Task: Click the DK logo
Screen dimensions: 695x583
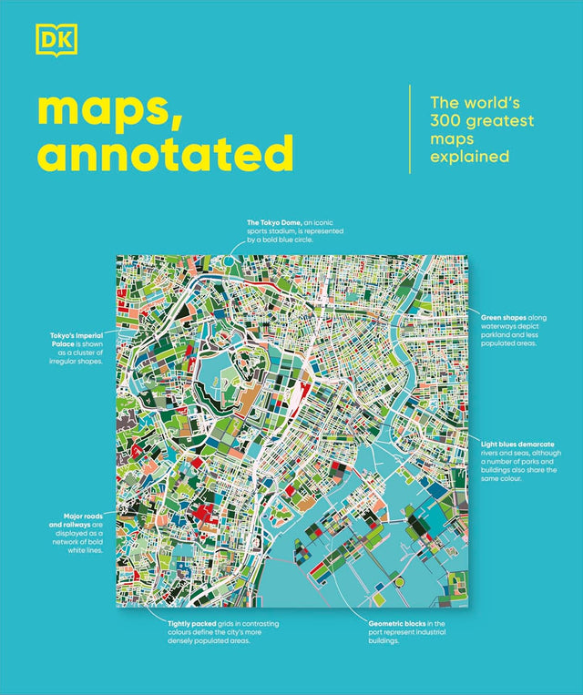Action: tap(56, 40)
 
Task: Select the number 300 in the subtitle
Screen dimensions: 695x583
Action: tap(445, 121)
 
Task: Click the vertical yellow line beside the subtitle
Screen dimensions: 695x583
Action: tap(410, 129)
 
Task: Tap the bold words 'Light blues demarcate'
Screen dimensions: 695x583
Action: tap(517, 445)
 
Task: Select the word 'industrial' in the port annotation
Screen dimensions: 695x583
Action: tap(429, 632)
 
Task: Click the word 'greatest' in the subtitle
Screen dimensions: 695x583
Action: tap(500, 121)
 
